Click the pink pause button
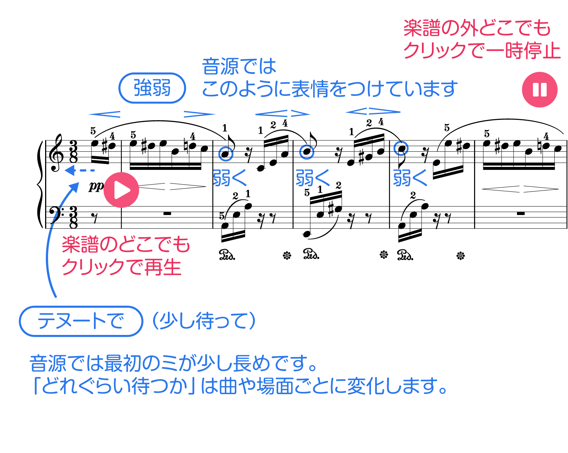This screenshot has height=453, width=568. pyautogui.click(x=540, y=90)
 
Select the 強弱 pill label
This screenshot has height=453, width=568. pyautogui.click(x=152, y=88)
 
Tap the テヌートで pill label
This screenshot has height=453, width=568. pyautogui.click(x=81, y=321)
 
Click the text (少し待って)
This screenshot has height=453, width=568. pyautogui.click(x=204, y=321)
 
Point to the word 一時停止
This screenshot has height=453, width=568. pyautogui.click(x=525, y=50)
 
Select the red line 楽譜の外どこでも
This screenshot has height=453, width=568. pyautogui.click(x=477, y=28)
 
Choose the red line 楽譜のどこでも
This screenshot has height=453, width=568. pyautogui.click(x=126, y=245)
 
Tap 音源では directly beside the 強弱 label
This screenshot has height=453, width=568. pyautogui.click(x=239, y=67)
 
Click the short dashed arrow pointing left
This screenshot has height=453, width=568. pyautogui.click(x=78, y=170)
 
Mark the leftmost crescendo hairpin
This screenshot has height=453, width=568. pyautogui.click(x=105, y=114)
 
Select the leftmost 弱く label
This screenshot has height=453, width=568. pyautogui.click(x=230, y=178)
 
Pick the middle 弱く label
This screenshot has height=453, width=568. pyautogui.click(x=312, y=178)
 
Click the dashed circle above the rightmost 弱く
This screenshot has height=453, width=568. pyautogui.click(x=401, y=148)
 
